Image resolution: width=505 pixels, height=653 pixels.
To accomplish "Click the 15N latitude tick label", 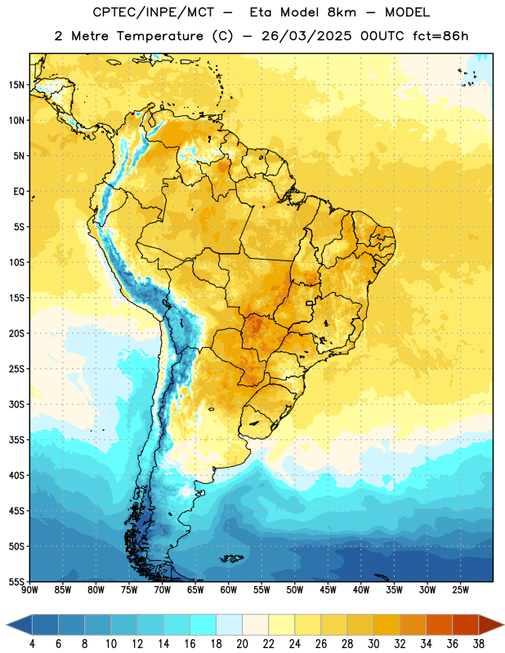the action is [16, 85].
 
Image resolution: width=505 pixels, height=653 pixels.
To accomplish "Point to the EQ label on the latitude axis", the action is [19, 192].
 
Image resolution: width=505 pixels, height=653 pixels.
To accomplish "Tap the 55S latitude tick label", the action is [16, 581].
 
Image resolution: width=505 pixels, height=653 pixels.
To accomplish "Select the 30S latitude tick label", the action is [16, 404].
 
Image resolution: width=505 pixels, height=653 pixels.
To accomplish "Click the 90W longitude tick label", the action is [29, 590].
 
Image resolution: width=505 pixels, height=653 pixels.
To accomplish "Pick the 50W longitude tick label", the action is [295, 590].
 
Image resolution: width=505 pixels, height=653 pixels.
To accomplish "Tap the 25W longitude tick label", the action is [460, 590].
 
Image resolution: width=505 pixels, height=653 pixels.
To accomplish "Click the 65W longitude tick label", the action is [195, 590].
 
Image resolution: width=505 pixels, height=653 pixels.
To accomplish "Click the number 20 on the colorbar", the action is [242, 644].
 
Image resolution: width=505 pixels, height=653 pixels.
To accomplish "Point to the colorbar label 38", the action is [479, 644].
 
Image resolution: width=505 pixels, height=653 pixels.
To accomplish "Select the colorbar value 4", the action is [32, 644].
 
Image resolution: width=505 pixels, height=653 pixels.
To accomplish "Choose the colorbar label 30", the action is [373, 644].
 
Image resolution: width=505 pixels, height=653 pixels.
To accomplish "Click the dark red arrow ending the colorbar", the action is [491, 624].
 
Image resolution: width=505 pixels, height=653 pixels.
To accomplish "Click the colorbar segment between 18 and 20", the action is [230, 624].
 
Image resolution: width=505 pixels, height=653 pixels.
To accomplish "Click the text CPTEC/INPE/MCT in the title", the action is [153, 12].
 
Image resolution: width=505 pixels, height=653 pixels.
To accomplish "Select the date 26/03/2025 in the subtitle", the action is [306, 36].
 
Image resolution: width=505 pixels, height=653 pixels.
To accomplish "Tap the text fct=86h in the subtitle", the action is [440, 36].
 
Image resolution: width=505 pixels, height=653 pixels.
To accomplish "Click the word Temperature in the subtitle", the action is [159, 36].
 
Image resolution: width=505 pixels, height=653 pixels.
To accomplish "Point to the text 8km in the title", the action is [342, 12].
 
